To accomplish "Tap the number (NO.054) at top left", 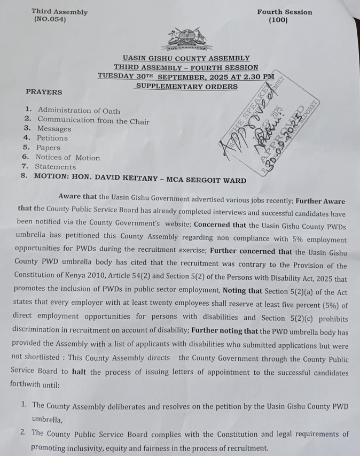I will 50,20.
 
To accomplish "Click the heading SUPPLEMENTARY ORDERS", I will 186,86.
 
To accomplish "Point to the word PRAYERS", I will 44,92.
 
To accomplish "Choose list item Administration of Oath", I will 79,111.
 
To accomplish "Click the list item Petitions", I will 52,138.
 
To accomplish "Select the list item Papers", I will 49,148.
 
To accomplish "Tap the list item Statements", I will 56,167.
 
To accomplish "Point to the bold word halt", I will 79,372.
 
